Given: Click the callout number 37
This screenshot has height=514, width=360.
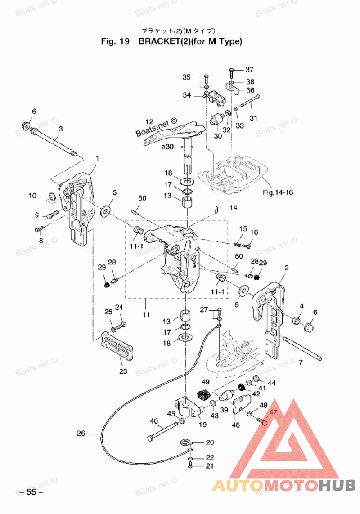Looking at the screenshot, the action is point(249,69).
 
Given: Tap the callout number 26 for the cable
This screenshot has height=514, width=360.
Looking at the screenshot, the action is point(81,434).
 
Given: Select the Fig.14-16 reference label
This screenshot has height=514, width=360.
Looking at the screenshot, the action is point(278,192).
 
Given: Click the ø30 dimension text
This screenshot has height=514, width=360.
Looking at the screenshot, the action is point(167,147).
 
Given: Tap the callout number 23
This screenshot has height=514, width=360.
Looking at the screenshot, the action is point(123,371).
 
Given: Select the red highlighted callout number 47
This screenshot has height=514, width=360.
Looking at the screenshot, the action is point(273,412).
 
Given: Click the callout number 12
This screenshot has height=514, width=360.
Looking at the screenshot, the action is point(149,122).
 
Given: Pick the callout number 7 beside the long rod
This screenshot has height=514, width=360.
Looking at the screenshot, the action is point(301,362).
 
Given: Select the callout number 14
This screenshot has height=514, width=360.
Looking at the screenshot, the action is point(234,208).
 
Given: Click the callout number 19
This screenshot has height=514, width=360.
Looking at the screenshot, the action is point(203,425).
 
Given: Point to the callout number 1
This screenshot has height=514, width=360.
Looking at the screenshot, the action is point(97,159).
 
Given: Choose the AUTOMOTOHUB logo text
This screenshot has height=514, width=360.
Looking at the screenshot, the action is point(284,485).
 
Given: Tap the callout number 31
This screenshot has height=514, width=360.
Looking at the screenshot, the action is point(253,118).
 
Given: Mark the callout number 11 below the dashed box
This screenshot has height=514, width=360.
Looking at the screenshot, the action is point(146,315).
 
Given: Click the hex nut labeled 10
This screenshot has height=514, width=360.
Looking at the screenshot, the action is point(51,196).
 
